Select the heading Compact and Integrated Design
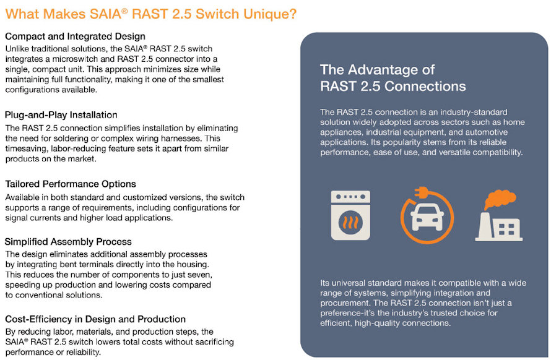(x=75, y=36)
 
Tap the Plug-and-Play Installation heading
(x=61, y=115)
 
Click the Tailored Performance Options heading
(x=71, y=184)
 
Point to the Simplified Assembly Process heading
(x=68, y=242)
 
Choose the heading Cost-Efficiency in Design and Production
(x=95, y=319)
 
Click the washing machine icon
(x=350, y=215)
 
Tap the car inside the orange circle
(x=427, y=217)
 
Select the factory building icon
(x=498, y=226)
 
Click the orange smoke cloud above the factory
(x=500, y=199)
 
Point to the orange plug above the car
(x=422, y=192)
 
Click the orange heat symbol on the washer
(x=350, y=222)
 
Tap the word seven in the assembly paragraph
(x=201, y=274)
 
